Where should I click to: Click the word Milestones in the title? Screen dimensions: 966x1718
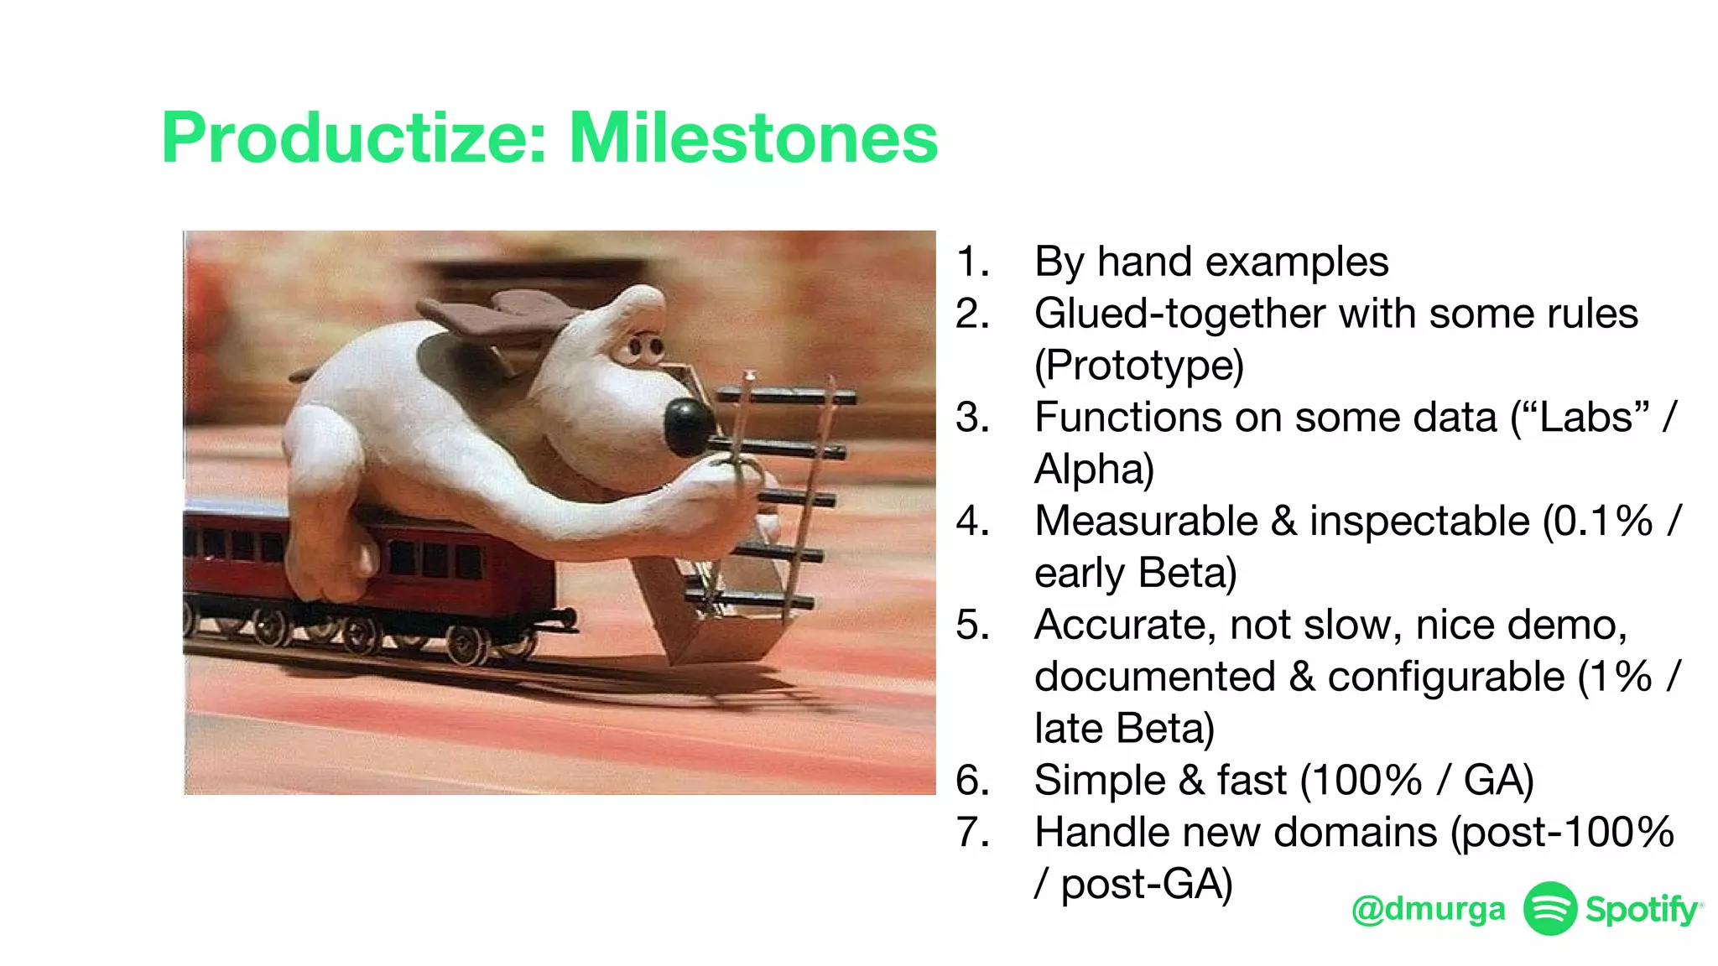(752, 138)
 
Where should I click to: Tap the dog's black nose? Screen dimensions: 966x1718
(689, 424)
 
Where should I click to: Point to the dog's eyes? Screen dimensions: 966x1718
(646, 346)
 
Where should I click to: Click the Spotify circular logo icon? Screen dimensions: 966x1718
(1549, 908)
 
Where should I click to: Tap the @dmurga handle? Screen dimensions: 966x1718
(1428, 909)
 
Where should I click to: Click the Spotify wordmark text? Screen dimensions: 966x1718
(1643, 909)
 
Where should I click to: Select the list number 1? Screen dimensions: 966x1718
(973, 262)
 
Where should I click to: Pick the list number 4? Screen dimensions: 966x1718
(973, 522)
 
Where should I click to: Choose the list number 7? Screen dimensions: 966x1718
(973, 833)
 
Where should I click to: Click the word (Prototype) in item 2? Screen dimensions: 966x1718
(1138, 366)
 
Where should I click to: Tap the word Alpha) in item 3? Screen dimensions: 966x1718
(1094, 469)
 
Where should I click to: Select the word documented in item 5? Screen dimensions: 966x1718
(1154, 677)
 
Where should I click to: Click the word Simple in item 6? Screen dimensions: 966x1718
(1100, 781)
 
